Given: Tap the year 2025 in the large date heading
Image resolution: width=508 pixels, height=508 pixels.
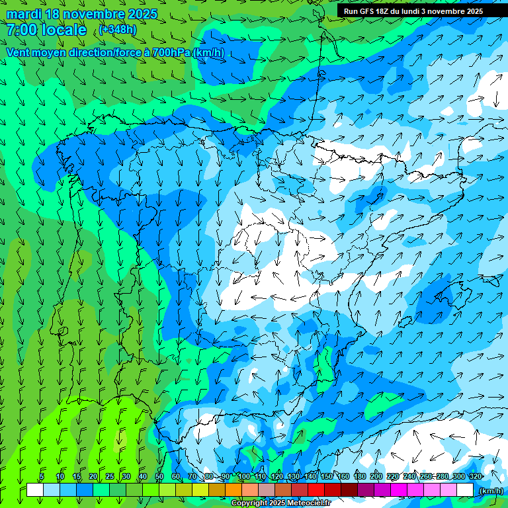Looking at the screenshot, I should coord(142,14).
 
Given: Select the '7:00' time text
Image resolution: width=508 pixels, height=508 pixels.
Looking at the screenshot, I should coord(21,30).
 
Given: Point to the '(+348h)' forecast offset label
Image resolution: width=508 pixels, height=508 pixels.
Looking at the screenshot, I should coord(117,30).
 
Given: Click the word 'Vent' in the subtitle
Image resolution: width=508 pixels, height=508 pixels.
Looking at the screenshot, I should coord(19,52).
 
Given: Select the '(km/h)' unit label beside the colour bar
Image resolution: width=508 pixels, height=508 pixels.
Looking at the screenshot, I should coord(490,490).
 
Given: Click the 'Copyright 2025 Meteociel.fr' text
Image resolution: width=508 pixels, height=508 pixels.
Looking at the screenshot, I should coord(276,503).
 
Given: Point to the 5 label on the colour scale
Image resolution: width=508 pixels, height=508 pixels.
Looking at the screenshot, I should coord(42,476).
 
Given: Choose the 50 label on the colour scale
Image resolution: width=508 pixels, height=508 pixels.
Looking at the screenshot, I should coord(159,476).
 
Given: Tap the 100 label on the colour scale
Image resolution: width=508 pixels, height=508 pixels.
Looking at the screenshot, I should coord(243,476).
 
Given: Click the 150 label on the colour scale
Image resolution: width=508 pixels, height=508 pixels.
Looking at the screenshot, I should coord(327,476).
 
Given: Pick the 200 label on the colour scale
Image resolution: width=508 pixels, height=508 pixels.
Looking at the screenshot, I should coord(376,476).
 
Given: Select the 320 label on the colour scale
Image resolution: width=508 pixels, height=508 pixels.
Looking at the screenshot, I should coord(474,476).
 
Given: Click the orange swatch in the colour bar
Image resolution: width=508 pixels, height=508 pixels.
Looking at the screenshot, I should coord(234,489).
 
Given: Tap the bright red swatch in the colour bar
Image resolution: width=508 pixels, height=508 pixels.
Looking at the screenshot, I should coord(317,489).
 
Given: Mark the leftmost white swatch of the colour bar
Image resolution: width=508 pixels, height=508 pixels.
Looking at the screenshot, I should coord(35,489).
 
